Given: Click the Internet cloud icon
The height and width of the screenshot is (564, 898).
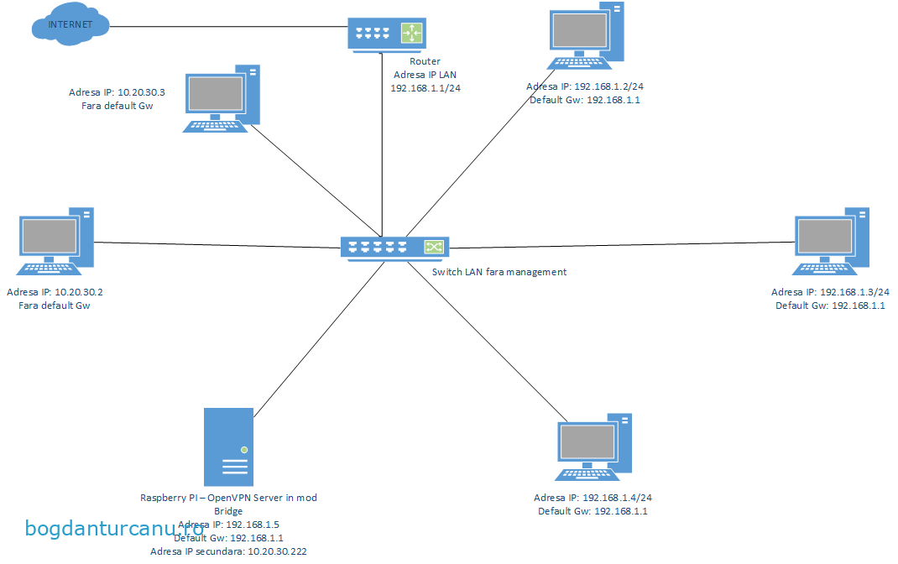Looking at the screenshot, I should (70, 26).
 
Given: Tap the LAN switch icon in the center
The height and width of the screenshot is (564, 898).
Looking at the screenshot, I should (394, 247).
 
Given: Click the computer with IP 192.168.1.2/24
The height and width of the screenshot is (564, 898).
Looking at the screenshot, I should (587, 37).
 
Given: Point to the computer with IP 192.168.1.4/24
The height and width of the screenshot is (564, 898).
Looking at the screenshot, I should (594, 447).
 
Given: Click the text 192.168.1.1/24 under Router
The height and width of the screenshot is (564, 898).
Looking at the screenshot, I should (425, 87).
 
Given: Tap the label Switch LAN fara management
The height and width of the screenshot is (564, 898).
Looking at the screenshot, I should (499, 272).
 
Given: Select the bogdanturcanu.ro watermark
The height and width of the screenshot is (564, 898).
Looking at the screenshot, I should (115, 529).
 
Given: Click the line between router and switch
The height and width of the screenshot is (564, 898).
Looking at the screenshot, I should (382, 143).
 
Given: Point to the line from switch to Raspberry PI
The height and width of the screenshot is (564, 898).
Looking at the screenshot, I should (311, 336).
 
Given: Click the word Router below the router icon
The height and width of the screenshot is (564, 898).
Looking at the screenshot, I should (425, 61).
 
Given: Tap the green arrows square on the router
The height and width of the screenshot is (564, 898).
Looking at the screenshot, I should (412, 34).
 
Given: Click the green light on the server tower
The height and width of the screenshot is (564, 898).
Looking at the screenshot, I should (243, 450).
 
